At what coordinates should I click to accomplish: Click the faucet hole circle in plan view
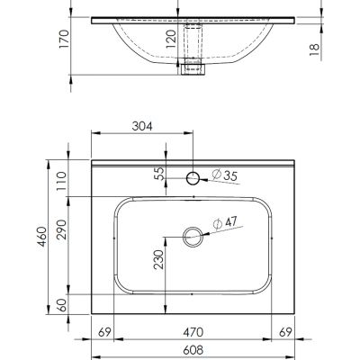coord(193,179)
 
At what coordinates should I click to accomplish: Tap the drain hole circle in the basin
coord(193,238)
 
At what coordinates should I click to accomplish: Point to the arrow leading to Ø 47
coord(208,233)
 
